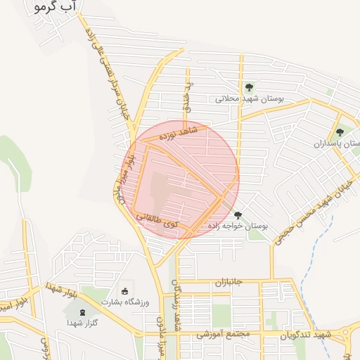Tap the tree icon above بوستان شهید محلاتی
[x=249, y=87]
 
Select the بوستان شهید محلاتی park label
[x=249, y=99]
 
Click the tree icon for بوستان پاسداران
[x=340, y=131]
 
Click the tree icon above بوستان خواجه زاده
[x=238, y=215]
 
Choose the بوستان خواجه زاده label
[x=238, y=226]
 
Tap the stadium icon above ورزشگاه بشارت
[x=125, y=291]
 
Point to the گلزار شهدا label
[x=82, y=322]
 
